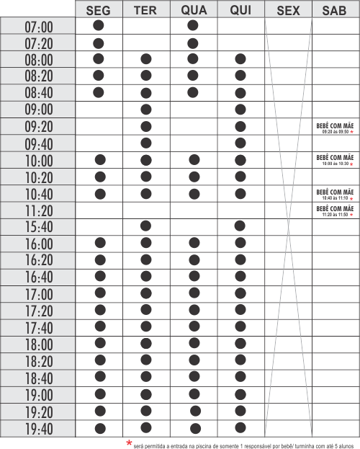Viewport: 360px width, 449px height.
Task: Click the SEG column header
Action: coord(99,10)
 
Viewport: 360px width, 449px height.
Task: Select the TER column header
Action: coord(145,10)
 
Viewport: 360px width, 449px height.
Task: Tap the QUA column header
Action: coord(193,10)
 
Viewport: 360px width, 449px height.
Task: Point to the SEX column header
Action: coord(288,10)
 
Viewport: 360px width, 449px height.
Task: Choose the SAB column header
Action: coord(335,10)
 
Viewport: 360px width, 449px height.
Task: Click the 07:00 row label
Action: coord(39,27)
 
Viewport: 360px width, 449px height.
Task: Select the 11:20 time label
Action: coord(39,211)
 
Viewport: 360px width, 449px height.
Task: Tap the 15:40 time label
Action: coord(39,228)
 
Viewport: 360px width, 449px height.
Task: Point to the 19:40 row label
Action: coord(39,430)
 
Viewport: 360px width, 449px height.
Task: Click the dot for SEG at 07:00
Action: coord(99,25)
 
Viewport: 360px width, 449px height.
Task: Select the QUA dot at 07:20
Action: coord(192,43)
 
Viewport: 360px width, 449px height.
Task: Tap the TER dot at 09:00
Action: coord(146,109)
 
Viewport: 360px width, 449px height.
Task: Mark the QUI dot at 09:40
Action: coord(240,142)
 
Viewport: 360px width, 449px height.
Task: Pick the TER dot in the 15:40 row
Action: coord(146,226)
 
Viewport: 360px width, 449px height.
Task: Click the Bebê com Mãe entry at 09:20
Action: coord(335,128)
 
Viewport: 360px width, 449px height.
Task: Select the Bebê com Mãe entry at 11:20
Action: coord(335,210)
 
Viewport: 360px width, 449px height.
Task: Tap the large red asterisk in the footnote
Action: coord(129,443)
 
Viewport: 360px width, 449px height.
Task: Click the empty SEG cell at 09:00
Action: coord(99,110)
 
